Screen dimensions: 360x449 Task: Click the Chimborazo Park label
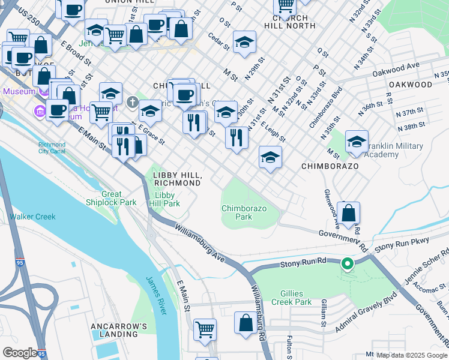coord(244,212)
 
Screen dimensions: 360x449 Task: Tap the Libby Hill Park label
coord(167,200)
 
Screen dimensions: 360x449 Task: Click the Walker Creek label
coord(32,217)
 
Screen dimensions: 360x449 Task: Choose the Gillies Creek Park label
coord(287,298)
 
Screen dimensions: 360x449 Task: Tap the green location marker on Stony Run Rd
coord(347,263)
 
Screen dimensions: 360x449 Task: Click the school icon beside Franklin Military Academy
coord(357,142)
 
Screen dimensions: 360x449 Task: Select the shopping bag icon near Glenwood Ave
coord(348,212)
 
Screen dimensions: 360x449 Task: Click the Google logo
coord(20,353)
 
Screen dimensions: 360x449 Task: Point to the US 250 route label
coord(29,17)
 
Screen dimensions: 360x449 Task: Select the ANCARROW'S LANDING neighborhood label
coord(119,331)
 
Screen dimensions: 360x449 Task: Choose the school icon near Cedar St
coord(244,43)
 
